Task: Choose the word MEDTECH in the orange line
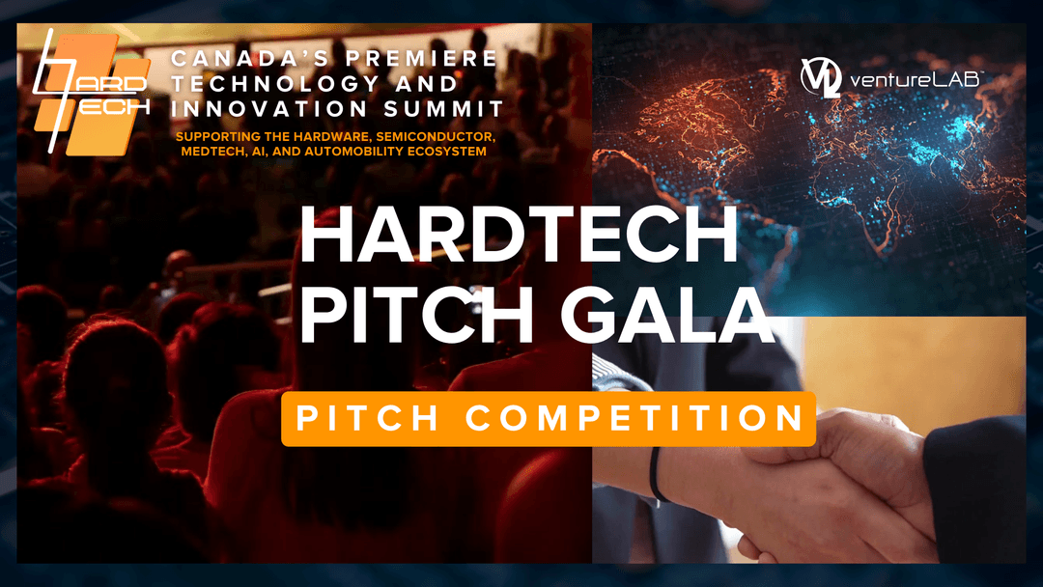coord(204,151)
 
